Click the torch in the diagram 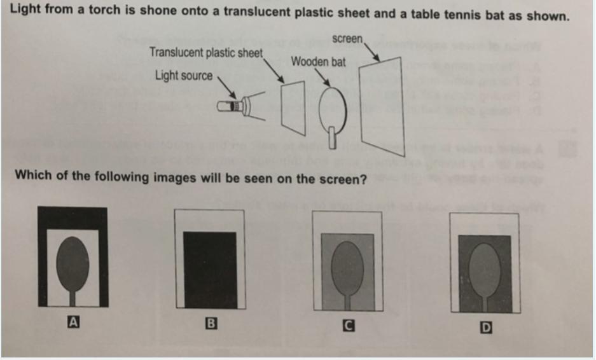(x=233, y=106)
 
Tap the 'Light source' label (x=184, y=76)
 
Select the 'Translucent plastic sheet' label (x=206, y=52)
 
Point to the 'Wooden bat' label (x=318, y=62)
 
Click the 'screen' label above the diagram (x=347, y=38)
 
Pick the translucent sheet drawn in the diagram (x=293, y=107)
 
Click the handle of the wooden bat (x=332, y=137)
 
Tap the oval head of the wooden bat (x=333, y=109)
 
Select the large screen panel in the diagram (x=382, y=106)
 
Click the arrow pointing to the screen (x=371, y=52)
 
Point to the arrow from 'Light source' (x=227, y=87)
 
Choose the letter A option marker (x=73, y=322)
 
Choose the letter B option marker (x=211, y=324)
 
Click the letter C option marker (x=349, y=326)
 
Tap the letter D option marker (x=486, y=328)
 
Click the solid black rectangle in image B (x=210, y=270)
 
